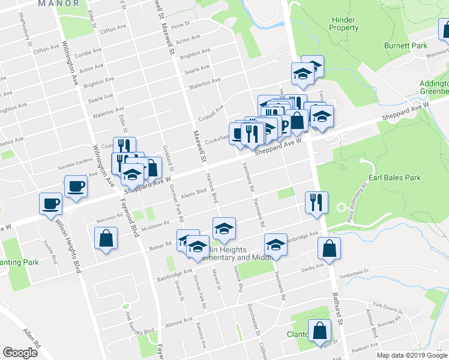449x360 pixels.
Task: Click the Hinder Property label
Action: tap(345, 23)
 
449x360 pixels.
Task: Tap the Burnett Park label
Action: tap(405, 46)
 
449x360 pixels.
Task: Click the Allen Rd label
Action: tap(31, 339)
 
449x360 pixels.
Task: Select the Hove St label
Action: tap(180, 26)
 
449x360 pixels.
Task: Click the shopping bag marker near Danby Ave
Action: tap(330, 248)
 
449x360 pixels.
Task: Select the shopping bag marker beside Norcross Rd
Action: tap(106, 238)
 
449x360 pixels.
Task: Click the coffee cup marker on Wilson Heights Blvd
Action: tap(50, 203)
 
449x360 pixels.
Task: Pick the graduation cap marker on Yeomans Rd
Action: tap(276, 245)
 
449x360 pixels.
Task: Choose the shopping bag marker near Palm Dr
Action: tap(320, 331)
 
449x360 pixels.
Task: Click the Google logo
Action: tap(20, 353)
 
